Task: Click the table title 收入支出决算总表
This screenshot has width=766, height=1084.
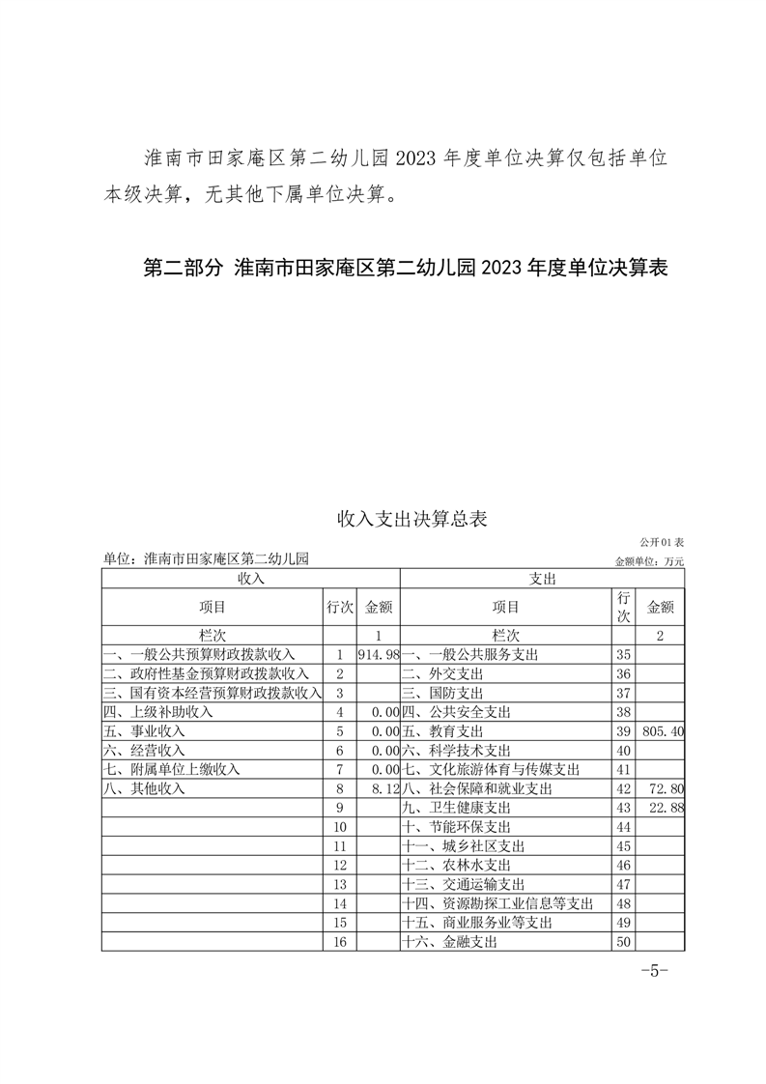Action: (x=411, y=519)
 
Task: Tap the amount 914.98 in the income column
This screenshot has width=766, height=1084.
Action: (x=379, y=654)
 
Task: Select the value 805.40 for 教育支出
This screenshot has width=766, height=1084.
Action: (x=662, y=731)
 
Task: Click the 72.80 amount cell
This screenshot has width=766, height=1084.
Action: (x=667, y=788)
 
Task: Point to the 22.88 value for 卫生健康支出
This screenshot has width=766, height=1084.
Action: (x=667, y=808)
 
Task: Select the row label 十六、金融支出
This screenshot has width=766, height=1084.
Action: (x=449, y=942)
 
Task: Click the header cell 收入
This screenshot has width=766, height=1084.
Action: (x=250, y=579)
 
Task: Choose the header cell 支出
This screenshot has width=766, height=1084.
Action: (x=542, y=579)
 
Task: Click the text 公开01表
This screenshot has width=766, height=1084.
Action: (x=661, y=543)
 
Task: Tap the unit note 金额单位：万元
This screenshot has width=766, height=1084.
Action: (x=649, y=560)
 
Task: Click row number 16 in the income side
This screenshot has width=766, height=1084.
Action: (x=339, y=942)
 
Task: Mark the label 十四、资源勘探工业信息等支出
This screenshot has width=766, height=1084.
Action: (x=496, y=903)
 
